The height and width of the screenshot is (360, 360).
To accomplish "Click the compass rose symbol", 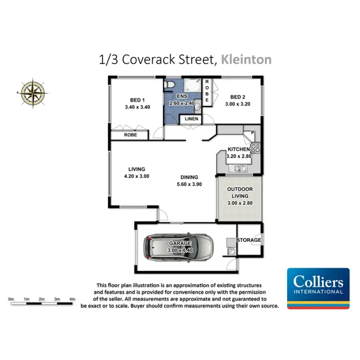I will tap(33, 92).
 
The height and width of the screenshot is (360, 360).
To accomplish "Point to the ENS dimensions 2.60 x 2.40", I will tap(183, 103).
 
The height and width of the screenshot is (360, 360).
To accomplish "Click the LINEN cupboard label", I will tap(192, 119).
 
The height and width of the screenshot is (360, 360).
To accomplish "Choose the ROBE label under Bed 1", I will tap(131, 135).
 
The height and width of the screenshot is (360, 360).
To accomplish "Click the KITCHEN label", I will tap(239, 149).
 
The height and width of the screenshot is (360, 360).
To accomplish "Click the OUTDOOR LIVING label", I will tap(240, 192).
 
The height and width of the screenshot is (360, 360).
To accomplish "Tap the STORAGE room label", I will tap(249, 240).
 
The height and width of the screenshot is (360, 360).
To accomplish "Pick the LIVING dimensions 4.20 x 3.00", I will tap(137, 176).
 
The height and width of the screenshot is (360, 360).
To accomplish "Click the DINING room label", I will tap(187, 177).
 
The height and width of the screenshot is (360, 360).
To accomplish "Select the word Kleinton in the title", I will tap(246, 60).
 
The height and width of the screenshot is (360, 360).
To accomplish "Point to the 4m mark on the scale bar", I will tap(72, 299).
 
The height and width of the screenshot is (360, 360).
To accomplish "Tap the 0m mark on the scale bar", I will tap(11, 299).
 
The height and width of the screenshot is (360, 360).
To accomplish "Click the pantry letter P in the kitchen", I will tap(252, 132).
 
